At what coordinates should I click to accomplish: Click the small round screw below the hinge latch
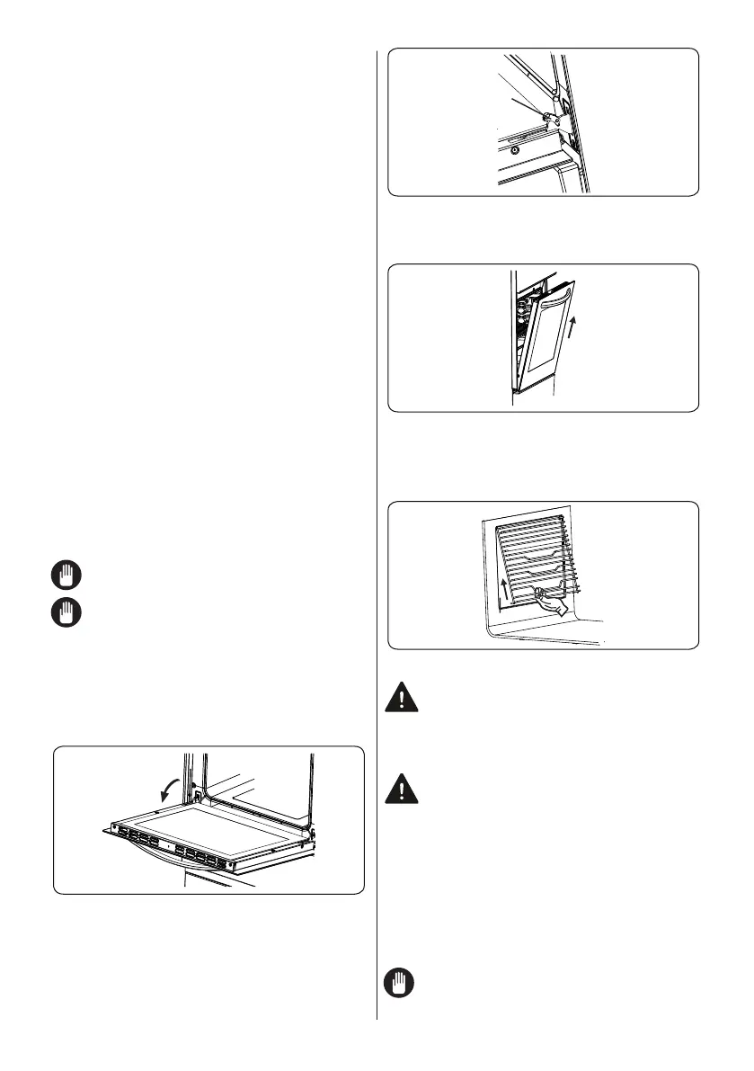tap(513, 151)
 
